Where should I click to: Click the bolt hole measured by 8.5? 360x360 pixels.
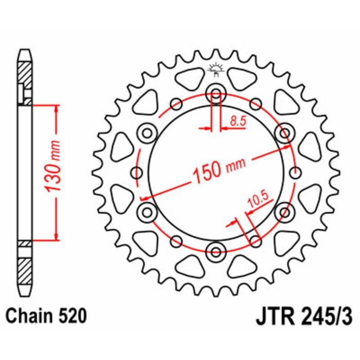(216, 95)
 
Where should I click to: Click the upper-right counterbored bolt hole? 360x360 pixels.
(283, 132)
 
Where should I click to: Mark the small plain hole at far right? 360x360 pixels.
(296, 172)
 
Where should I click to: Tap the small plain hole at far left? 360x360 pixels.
(136, 172)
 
